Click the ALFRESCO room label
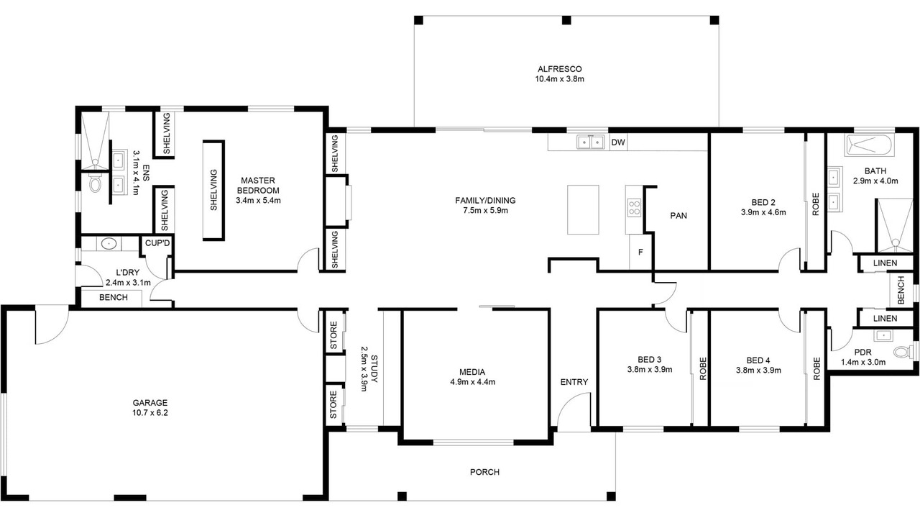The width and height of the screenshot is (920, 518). point(559,69)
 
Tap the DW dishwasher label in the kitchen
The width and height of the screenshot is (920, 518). point(618,142)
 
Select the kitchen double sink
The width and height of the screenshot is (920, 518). point(591,142)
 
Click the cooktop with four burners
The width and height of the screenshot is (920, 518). point(634,207)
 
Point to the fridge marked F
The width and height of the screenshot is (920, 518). point(640,253)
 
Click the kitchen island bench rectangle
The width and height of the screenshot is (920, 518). point(583,209)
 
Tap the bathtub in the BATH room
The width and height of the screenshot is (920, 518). point(869,145)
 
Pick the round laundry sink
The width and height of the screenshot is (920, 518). point(109,244)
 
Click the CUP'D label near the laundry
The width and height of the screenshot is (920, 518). point(157,243)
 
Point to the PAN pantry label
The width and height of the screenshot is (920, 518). point(678,215)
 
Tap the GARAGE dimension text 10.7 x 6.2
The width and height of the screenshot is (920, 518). point(150,413)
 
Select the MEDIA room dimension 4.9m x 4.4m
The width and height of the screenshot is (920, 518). point(473,382)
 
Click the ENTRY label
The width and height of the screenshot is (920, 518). point(574,382)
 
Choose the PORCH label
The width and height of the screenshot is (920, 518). point(484,472)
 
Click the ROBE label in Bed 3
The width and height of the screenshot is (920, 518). point(703,368)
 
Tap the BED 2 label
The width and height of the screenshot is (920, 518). point(763,202)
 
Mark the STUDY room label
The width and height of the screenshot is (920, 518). point(374,369)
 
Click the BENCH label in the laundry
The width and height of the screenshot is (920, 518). point(114,297)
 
